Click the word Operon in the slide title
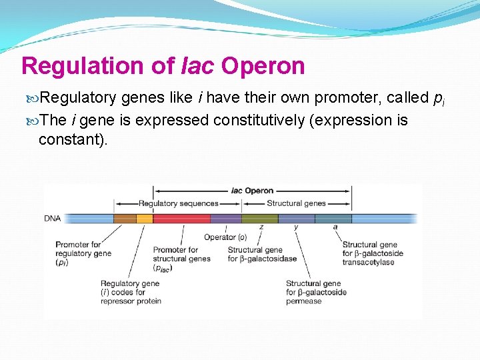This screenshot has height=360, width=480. [263, 66]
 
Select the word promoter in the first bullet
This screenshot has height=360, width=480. [346, 99]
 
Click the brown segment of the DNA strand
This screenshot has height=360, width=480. [125, 219]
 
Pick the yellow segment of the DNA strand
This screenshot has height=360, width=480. [145, 219]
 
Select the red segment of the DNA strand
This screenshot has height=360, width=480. [181, 219]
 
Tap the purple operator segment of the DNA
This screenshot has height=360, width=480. [225, 219]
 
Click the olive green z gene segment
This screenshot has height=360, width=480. [259, 219]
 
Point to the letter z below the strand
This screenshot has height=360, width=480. [261, 227]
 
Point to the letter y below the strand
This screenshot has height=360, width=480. [296, 227]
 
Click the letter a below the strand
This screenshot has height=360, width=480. [335, 227]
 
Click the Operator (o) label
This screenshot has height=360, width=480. [225, 237]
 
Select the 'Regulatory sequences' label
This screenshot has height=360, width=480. [178, 203]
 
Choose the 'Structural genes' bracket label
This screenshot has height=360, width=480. [296, 203]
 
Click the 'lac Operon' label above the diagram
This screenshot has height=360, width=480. [252, 191]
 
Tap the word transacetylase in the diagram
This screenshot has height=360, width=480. [368, 262]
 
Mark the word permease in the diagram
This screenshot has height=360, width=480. [303, 301]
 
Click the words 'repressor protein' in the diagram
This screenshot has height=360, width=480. [131, 301]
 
